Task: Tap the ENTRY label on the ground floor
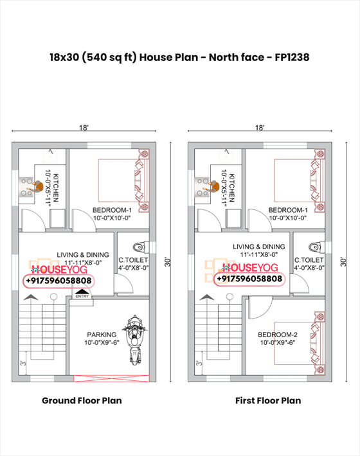[82, 296]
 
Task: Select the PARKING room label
[102, 335]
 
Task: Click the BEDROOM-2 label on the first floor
[278, 335]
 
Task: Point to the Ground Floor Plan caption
[82, 400]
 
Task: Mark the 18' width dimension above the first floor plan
[260, 128]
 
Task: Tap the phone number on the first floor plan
[249, 279]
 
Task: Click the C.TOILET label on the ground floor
[132, 261]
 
